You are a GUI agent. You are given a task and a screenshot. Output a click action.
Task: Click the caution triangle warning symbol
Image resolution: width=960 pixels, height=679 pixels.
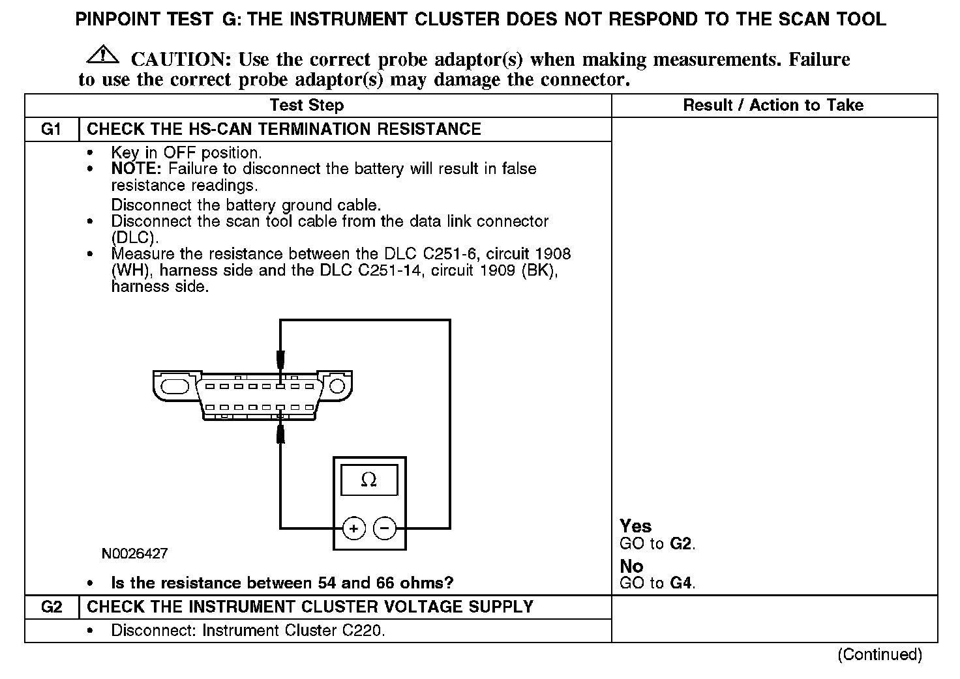click(x=102, y=55)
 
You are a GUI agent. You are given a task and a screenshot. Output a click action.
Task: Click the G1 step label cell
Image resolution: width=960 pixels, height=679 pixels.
click(x=52, y=129)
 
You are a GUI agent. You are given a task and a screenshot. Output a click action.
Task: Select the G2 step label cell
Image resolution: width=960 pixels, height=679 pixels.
click(x=52, y=607)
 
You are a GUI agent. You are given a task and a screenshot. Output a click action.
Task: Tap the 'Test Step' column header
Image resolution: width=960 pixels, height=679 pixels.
click(x=307, y=106)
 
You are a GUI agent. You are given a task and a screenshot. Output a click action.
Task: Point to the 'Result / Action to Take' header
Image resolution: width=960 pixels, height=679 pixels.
click(x=773, y=106)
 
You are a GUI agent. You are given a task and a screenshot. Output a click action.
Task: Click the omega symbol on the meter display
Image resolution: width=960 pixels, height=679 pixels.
click(x=368, y=480)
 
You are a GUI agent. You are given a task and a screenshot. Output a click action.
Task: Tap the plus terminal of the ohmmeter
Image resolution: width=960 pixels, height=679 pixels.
click(x=353, y=528)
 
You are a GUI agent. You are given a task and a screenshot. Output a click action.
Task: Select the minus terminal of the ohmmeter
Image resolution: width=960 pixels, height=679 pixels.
click(x=385, y=528)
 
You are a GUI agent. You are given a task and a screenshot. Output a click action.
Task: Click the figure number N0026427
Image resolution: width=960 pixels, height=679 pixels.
click(x=134, y=554)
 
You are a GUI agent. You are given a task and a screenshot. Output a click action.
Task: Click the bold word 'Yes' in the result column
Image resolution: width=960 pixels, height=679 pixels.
click(x=636, y=527)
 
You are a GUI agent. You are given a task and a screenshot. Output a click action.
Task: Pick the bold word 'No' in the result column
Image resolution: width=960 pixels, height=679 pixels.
click(x=631, y=566)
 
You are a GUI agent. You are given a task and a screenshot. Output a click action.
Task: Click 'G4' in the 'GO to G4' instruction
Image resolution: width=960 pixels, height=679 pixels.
click(x=681, y=583)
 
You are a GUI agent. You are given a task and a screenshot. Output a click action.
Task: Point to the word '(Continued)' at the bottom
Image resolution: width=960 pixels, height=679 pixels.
click(x=879, y=654)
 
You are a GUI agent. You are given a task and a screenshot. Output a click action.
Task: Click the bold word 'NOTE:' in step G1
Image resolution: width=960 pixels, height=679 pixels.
click(x=137, y=169)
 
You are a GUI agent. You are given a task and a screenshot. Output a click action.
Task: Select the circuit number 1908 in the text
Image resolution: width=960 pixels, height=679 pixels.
click(x=552, y=253)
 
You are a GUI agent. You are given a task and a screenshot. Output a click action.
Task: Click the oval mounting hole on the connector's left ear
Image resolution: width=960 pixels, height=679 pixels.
click(x=174, y=386)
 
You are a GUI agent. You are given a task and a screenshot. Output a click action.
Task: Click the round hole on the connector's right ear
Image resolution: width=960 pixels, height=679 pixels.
click(x=337, y=386)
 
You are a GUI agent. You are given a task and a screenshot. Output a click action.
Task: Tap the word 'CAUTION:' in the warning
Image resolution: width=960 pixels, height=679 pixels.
click(x=181, y=60)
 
